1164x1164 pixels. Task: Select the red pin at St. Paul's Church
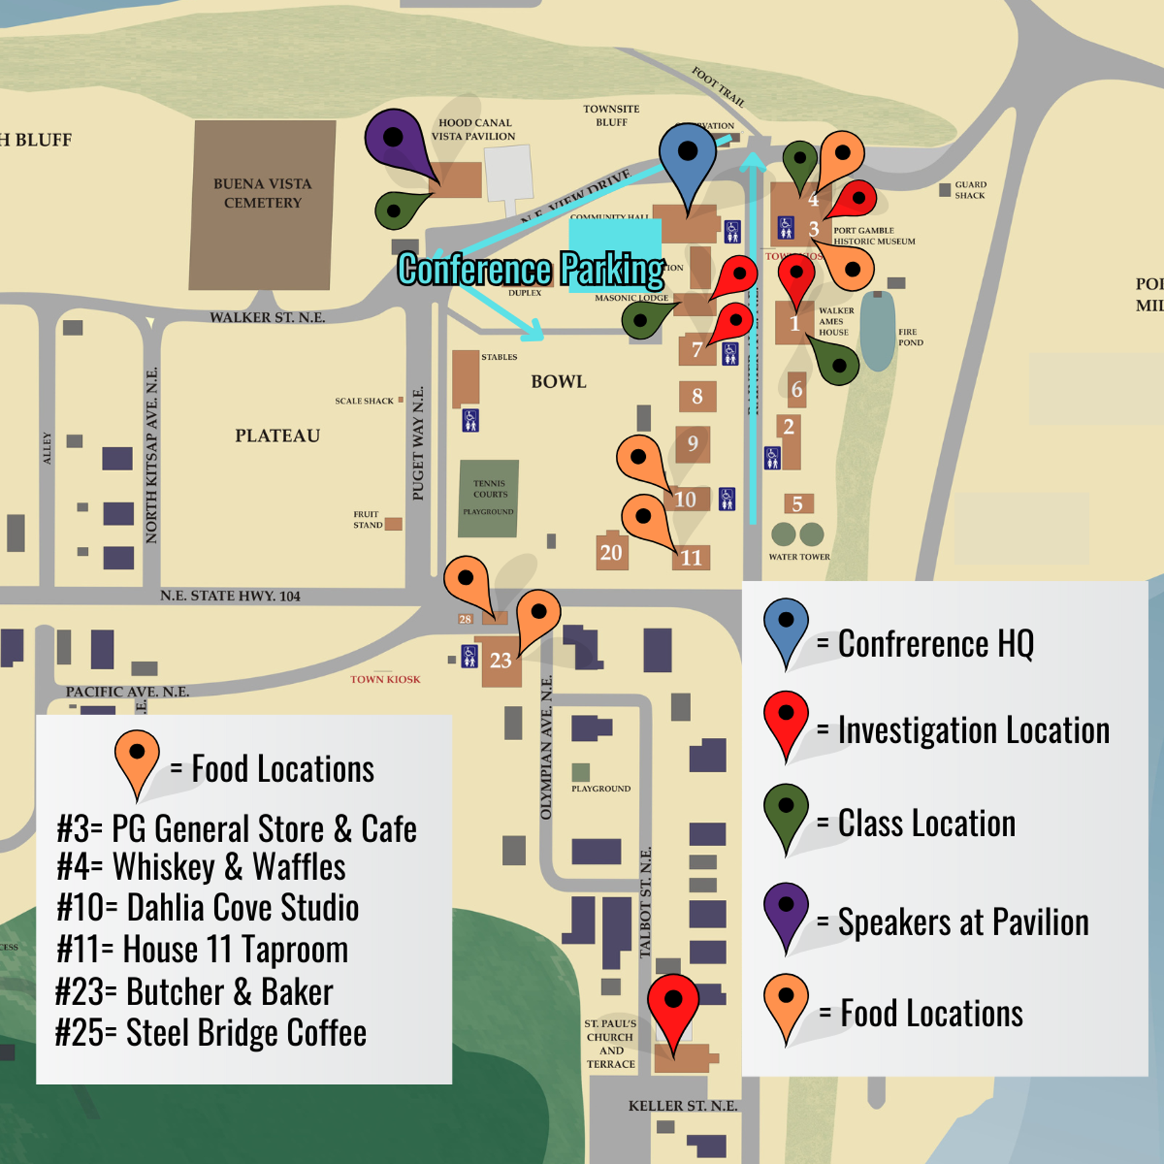click(x=673, y=1005)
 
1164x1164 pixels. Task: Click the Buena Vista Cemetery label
click(x=263, y=193)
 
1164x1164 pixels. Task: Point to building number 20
click(x=611, y=552)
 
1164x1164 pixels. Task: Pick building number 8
click(x=697, y=396)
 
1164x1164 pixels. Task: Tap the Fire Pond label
click(x=910, y=337)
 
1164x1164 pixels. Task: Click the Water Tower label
click(x=799, y=557)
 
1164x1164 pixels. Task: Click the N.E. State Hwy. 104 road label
click(x=230, y=596)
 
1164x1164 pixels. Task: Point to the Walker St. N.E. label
click(x=267, y=318)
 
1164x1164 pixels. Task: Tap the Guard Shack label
click(x=970, y=190)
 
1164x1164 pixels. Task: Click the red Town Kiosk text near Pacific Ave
click(x=385, y=679)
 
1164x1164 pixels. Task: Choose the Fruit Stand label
click(x=367, y=519)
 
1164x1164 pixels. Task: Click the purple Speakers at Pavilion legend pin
click(x=786, y=911)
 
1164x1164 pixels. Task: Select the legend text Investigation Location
click(x=974, y=730)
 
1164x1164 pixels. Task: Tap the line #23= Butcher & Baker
click(x=194, y=992)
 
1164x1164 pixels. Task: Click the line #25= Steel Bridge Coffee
click(x=211, y=1032)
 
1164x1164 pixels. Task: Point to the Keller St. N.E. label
click(x=682, y=1105)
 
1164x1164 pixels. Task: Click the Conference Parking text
click(x=531, y=269)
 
